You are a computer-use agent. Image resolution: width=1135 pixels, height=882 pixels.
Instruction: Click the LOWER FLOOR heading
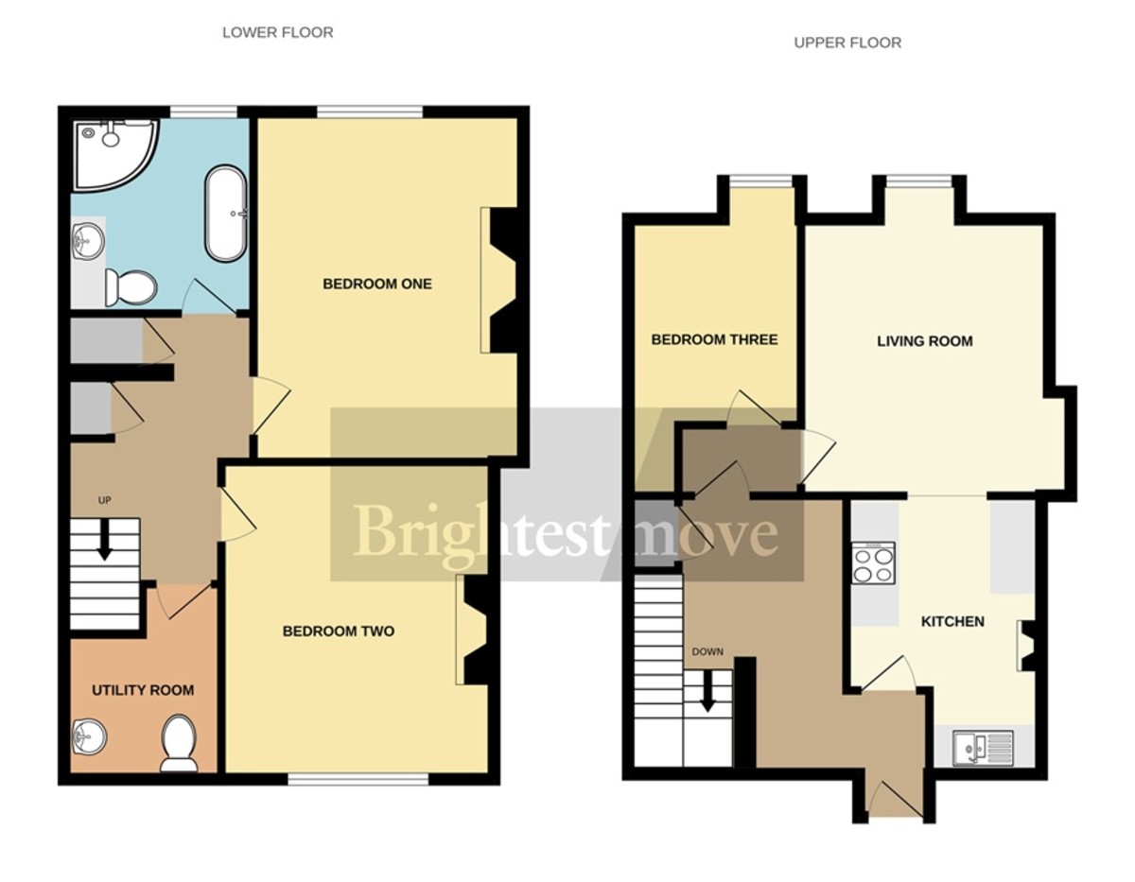point(277,32)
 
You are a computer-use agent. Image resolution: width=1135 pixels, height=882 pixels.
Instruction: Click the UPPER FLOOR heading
point(847,43)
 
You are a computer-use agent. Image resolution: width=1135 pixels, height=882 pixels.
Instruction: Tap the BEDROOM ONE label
point(377,284)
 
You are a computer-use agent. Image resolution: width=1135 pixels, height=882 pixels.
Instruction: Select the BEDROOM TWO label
point(339,631)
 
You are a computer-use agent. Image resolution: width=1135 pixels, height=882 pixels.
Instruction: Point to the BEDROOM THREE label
point(714,339)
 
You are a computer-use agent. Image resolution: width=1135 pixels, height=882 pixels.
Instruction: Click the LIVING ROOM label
point(924,341)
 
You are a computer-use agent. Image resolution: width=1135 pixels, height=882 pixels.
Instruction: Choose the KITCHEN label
point(952,621)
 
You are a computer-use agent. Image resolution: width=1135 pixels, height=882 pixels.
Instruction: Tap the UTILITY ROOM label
point(143,690)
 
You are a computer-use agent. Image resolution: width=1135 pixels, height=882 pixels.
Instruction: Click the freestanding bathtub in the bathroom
point(226,214)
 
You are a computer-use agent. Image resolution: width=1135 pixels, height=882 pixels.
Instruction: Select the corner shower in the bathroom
point(108,151)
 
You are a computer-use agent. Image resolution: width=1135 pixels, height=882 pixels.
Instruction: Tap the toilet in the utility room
point(179,741)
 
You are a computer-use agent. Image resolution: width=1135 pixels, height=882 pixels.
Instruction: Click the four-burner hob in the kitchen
point(873,564)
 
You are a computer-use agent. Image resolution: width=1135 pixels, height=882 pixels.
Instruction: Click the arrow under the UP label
point(104,540)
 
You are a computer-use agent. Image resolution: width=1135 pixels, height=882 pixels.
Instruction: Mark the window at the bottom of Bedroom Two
point(358,779)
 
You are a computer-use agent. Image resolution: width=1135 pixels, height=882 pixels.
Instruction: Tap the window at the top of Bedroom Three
point(760,182)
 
